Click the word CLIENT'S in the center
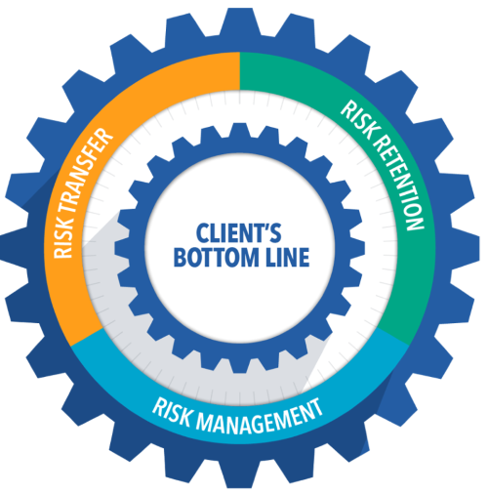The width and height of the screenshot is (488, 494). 238,232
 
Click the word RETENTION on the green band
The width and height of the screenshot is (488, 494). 401,183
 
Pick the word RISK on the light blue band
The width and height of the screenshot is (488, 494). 172,411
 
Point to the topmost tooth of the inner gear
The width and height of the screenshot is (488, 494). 240,130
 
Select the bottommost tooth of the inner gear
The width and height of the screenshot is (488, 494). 240,365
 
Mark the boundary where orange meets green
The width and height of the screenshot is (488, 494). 240,71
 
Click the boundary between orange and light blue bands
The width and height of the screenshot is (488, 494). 87,336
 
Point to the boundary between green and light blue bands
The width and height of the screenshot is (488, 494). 392,336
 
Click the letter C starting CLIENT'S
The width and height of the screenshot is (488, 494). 201,232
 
